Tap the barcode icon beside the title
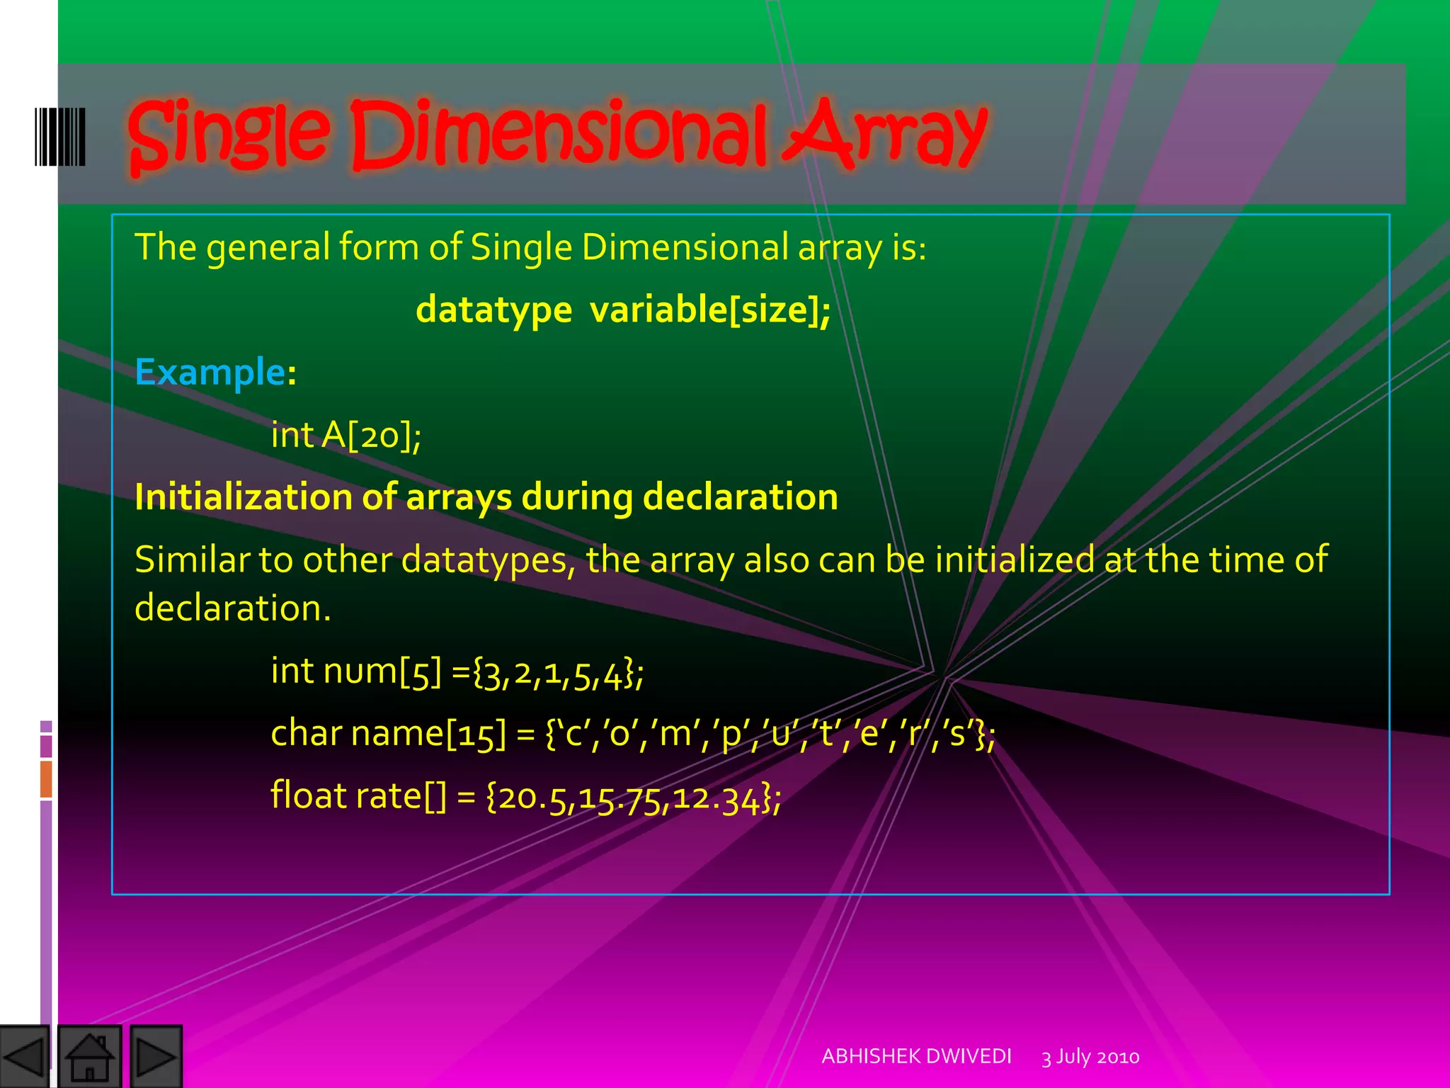click(x=60, y=137)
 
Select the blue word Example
click(x=210, y=372)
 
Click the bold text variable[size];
click(x=710, y=310)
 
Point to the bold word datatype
click(x=493, y=310)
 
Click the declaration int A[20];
click(x=346, y=434)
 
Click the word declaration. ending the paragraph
click(x=232, y=608)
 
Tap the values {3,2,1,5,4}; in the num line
click(x=558, y=672)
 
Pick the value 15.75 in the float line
click(x=620, y=798)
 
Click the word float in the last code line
click(x=308, y=795)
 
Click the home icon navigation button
click(x=89, y=1056)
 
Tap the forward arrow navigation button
click(x=156, y=1056)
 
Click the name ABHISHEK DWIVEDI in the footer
click(x=916, y=1056)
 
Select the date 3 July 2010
click(x=1090, y=1057)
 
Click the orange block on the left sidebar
click(x=46, y=778)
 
